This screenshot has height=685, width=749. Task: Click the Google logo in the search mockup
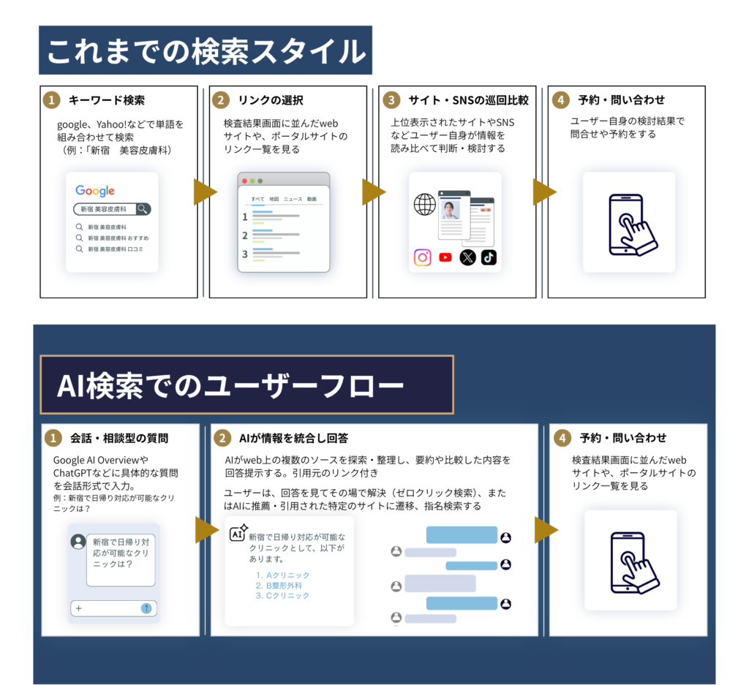95,191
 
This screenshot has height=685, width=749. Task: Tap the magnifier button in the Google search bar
143,209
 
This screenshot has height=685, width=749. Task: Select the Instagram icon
422,258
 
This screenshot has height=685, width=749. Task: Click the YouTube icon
445,258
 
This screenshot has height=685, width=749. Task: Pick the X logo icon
467,258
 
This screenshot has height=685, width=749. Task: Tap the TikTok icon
489,258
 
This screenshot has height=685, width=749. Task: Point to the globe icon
425,205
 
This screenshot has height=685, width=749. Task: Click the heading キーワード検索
107,100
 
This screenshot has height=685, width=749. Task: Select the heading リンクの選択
271,100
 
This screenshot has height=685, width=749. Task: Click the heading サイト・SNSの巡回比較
469,100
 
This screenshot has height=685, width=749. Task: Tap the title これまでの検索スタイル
206,51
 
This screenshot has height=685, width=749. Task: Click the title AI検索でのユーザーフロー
230,386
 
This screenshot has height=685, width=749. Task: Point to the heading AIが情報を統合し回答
294,438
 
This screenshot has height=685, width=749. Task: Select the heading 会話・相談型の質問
119,438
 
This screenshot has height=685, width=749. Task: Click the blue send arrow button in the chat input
146,608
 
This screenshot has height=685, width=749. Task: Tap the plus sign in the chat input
79,608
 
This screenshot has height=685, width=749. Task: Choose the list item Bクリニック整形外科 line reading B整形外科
279,586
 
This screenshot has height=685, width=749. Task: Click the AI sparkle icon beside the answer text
238,533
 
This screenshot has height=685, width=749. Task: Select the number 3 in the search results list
245,254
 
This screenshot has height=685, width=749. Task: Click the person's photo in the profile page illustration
450,210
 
